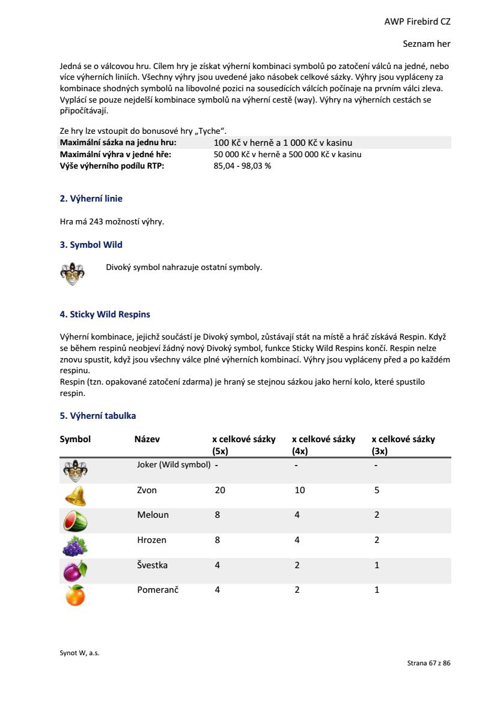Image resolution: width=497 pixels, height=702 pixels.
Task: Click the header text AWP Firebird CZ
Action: click(417, 22)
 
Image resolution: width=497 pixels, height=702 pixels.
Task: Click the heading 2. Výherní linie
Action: click(91, 199)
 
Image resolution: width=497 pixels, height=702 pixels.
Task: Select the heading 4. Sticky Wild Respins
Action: click(105, 314)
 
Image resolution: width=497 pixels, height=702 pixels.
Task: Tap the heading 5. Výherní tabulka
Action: click(97, 416)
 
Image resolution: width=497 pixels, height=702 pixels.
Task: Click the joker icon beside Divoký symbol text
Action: click(73, 273)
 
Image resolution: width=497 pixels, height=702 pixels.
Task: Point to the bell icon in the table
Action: click(75, 496)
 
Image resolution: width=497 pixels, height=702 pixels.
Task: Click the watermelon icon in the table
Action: click(75, 521)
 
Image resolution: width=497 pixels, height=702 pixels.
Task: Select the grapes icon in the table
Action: click(75, 546)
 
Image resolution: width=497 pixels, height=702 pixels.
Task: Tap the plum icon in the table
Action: click(75, 571)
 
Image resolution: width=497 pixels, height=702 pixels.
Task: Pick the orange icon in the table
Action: click(75, 595)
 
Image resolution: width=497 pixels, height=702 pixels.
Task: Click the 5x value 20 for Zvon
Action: click(220, 490)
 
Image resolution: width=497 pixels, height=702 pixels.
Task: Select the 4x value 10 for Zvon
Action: click(299, 490)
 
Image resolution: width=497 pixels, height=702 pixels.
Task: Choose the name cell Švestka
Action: click(152, 565)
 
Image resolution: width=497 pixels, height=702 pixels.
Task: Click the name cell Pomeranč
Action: click(157, 590)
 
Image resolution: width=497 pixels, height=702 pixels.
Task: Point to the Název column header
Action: click(147, 439)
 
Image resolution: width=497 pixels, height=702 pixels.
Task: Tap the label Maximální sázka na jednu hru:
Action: click(118, 143)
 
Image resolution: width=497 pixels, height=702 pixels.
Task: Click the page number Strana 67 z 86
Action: click(428, 663)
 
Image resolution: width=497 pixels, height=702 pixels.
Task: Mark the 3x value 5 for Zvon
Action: click(376, 490)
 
